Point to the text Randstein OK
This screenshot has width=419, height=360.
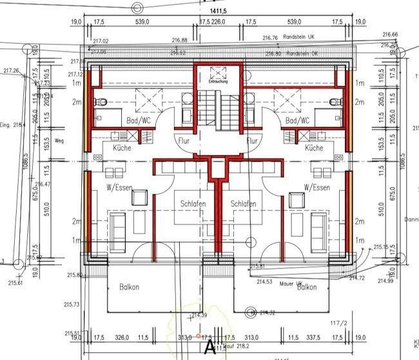302,53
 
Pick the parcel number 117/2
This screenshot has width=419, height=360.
339,324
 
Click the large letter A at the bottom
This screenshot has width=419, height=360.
209,347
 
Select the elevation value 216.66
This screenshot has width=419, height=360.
390,35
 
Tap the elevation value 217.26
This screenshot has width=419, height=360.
12,71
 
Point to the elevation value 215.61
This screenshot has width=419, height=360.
15,283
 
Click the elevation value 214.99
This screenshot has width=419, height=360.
385,281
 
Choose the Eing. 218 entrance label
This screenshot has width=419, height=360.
12,125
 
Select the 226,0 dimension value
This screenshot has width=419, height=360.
219,22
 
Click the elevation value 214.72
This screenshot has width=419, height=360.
356,277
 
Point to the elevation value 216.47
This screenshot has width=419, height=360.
44,184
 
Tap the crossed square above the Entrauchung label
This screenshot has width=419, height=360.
217,70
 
